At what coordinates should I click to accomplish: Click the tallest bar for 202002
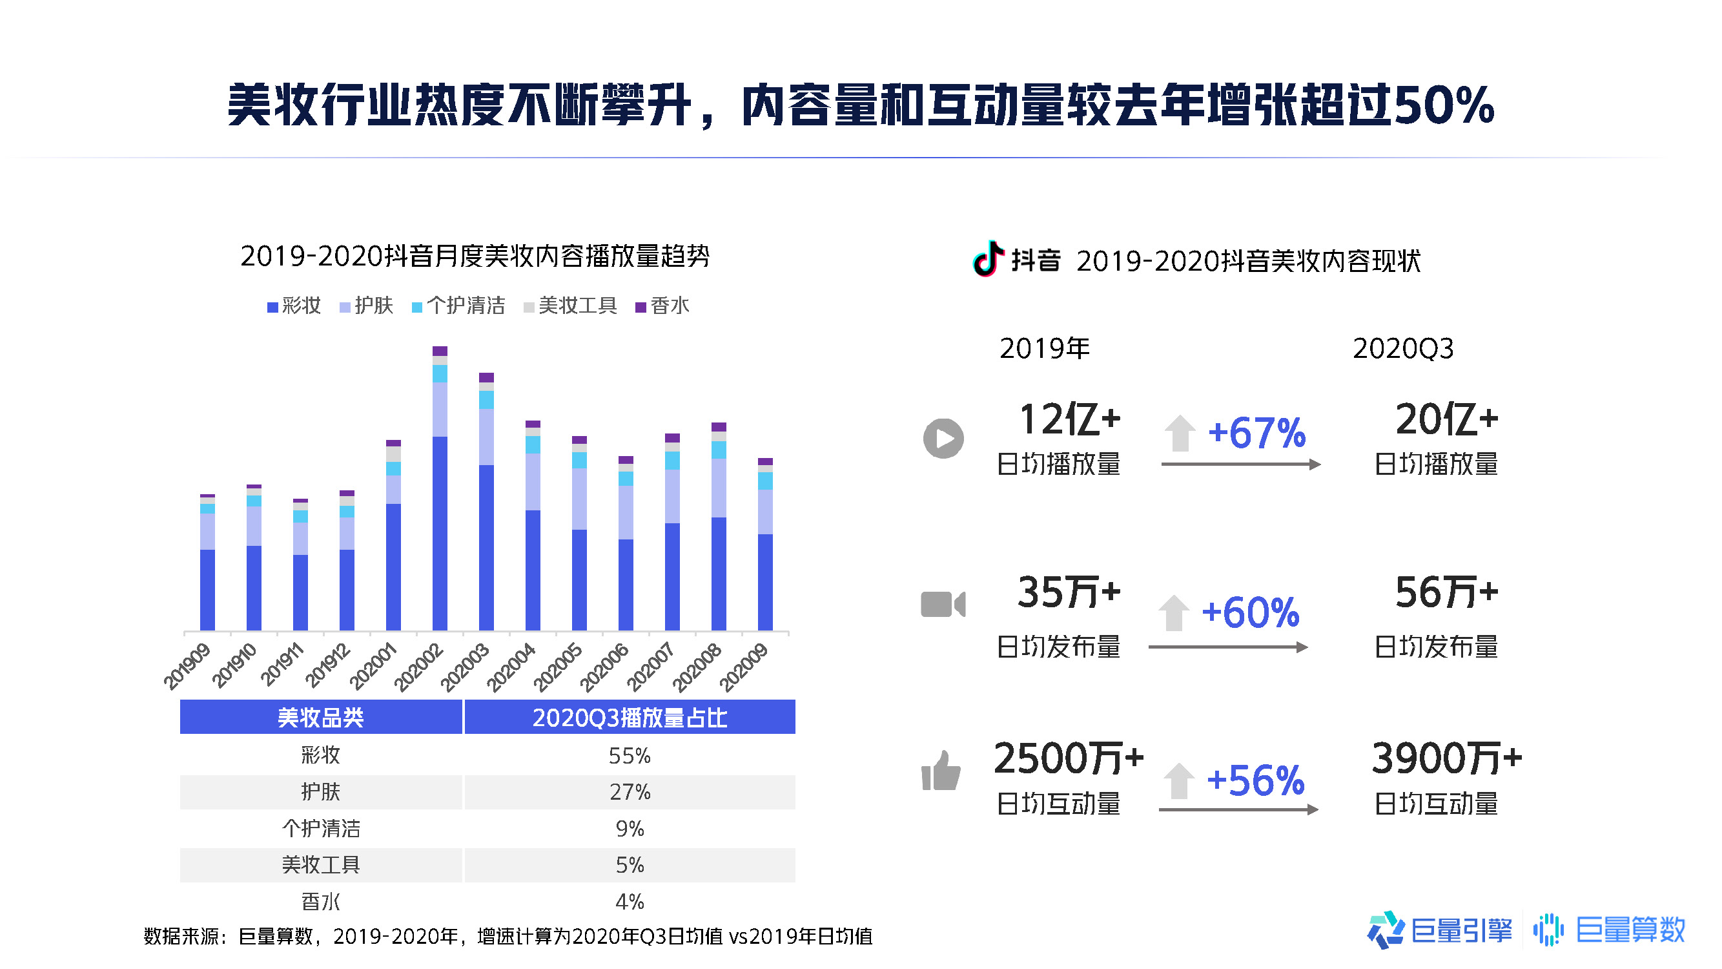440,488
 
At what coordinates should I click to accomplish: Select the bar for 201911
301,565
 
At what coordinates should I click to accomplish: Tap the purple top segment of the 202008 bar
719,427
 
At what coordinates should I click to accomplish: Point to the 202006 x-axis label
604,667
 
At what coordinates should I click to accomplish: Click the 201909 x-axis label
187,666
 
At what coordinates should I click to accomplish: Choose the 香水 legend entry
662,306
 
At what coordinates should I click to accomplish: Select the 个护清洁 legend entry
458,306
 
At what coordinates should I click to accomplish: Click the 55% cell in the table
630,756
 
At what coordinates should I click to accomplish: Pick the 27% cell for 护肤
630,793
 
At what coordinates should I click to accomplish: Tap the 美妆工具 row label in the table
321,866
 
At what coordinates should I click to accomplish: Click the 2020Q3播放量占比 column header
630,718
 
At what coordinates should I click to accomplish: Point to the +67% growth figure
1256,433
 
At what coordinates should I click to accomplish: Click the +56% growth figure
1255,780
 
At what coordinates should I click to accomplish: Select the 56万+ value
1446,592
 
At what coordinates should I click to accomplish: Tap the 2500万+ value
1069,759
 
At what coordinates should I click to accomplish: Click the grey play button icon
943,439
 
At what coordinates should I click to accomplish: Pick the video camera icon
943,605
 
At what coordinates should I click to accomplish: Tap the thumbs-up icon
941,771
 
